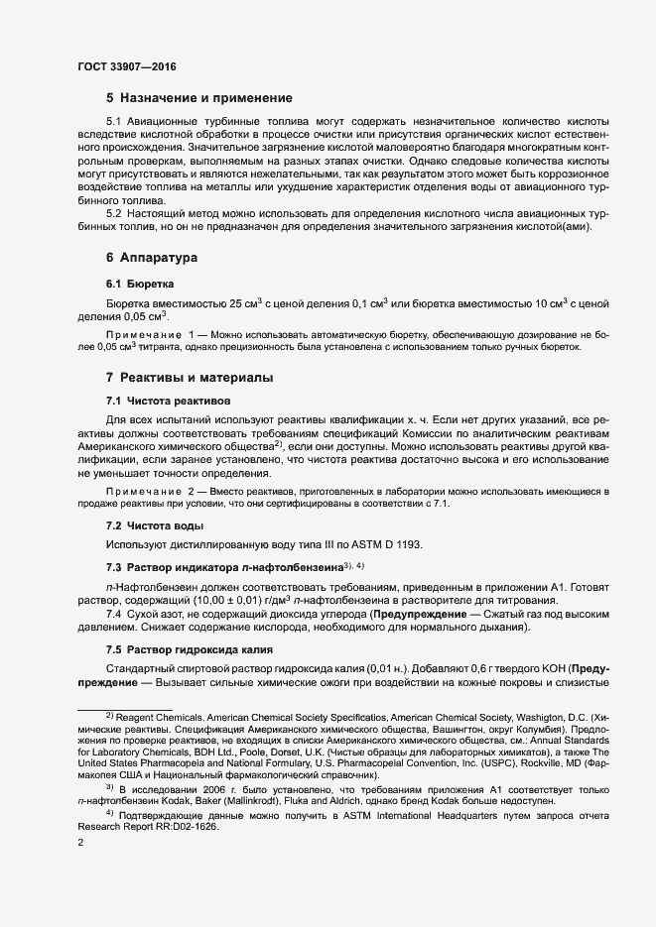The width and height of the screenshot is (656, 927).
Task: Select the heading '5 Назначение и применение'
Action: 198,98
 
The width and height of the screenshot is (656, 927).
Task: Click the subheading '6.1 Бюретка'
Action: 140,284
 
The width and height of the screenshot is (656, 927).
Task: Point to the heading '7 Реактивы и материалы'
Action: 189,378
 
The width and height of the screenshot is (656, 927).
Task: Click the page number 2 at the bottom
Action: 80,843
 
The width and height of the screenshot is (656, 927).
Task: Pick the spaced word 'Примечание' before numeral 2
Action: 142,492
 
